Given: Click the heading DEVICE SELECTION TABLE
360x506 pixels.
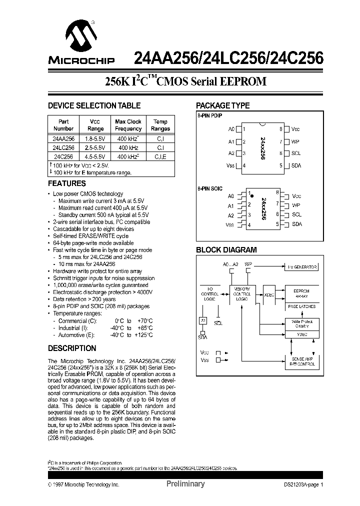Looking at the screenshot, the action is (94, 105).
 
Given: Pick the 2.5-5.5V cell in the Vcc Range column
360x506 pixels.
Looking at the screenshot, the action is (94, 147).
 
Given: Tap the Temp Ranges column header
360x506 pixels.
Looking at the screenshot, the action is (160, 125).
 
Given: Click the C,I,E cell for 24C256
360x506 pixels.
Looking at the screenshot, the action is (160, 156).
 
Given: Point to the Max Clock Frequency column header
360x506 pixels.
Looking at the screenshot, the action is (128, 125).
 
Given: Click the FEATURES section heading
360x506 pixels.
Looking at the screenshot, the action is (66, 183).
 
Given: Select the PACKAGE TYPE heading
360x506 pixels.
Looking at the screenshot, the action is (222, 105).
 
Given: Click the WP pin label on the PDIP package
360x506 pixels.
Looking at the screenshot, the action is (296, 141).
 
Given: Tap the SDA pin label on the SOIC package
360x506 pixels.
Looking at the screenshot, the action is (296, 224).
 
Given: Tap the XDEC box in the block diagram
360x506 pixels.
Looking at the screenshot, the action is (269, 294).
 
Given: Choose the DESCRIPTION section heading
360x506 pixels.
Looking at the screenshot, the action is (71, 348).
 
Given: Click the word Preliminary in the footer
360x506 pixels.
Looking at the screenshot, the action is (185, 484).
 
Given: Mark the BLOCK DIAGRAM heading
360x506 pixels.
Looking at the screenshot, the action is (226, 250).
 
